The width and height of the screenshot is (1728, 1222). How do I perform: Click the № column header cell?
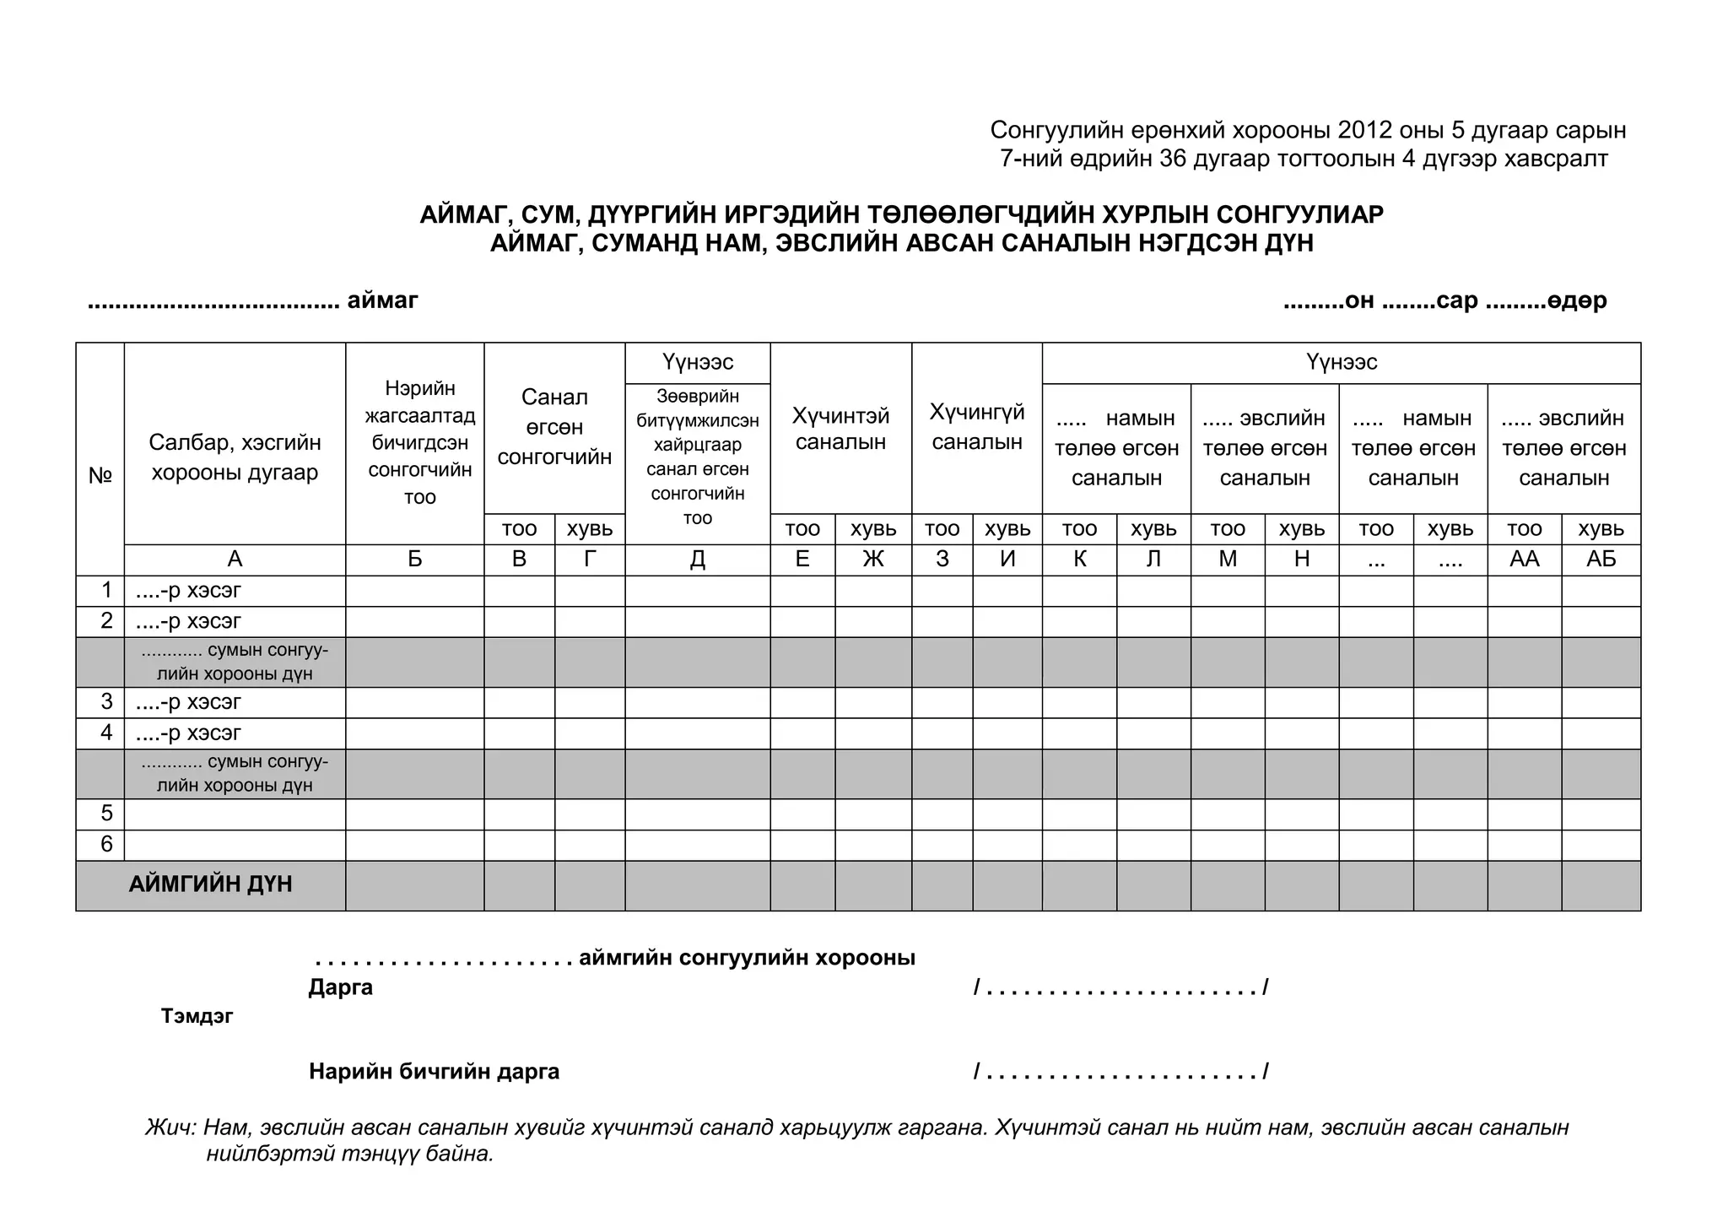(100, 476)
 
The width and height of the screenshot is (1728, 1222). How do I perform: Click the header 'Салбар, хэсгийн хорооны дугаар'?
(235, 457)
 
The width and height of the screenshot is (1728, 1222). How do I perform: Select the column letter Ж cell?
(873, 560)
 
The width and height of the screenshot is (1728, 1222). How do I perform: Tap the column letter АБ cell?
(1601, 560)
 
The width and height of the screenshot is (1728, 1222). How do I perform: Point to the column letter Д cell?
(697, 560)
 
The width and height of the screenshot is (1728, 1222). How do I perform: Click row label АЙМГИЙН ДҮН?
(210, 884)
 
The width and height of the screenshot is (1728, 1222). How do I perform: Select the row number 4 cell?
(106, 733)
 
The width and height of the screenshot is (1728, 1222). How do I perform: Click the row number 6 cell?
(106, 845)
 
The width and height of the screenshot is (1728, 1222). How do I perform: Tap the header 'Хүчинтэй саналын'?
(840, 429)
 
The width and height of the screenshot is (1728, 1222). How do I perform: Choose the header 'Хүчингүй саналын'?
(976, 427)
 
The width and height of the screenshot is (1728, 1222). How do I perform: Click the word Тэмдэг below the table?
(197, 1016)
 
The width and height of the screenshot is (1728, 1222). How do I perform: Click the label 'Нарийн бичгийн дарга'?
(434, 1072)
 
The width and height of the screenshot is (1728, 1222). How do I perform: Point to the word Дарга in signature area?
(340, 987)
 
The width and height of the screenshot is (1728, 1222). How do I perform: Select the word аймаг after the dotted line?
(382, 300)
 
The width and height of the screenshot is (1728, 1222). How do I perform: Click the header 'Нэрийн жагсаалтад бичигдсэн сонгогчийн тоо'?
(419, 442)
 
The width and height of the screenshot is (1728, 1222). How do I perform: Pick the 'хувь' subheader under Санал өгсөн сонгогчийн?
(590, 529)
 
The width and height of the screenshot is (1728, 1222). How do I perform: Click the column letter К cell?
(1079, 560)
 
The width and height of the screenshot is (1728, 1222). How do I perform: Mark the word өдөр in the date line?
(1577, 300)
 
